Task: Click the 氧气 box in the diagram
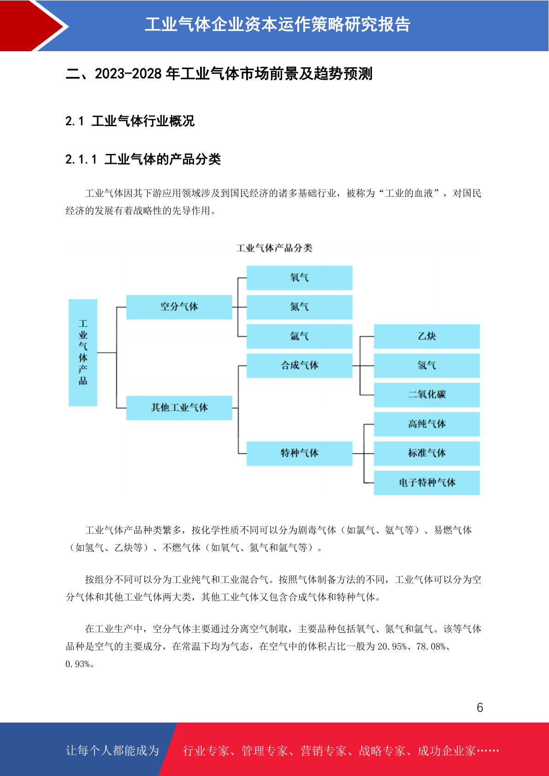[x=300, y=277]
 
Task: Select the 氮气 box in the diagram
[x=300, y=307]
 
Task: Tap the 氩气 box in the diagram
[x=300, y=336]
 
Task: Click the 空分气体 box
[x=179, y=307]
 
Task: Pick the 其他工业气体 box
[x=179, y=408]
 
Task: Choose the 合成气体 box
[x=300, y=365]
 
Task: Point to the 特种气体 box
[x=300, y=453]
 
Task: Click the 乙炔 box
[x=427, y=336]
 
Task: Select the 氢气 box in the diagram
[x=427, y=365]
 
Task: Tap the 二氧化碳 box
[x=427, y=394]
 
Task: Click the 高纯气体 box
[x=427, y=424]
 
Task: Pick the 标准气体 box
[x=427, y=453]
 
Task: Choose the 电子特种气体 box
[x=427, y=482]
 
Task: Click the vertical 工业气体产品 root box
[x=83, y=353]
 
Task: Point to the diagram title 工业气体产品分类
[x=274, y=248]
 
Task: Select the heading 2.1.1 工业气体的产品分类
[x=143, y=159]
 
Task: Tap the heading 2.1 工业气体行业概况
[x=130, y=121]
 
